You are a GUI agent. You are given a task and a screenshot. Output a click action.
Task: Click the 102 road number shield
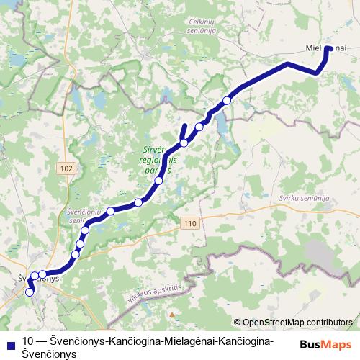67,168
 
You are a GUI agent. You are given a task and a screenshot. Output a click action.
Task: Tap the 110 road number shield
189,224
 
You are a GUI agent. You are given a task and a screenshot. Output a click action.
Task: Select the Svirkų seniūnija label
305,198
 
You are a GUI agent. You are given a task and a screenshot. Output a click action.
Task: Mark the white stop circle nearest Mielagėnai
227,101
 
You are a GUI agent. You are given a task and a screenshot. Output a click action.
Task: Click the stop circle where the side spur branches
184,143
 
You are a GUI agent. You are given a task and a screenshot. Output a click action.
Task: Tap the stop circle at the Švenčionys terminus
30,292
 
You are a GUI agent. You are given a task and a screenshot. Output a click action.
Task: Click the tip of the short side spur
185,127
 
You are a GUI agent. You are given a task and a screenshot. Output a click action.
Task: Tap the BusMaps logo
326,343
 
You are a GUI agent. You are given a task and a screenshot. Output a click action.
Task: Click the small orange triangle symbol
171,314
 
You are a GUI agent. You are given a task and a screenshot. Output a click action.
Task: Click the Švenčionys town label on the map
37,278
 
